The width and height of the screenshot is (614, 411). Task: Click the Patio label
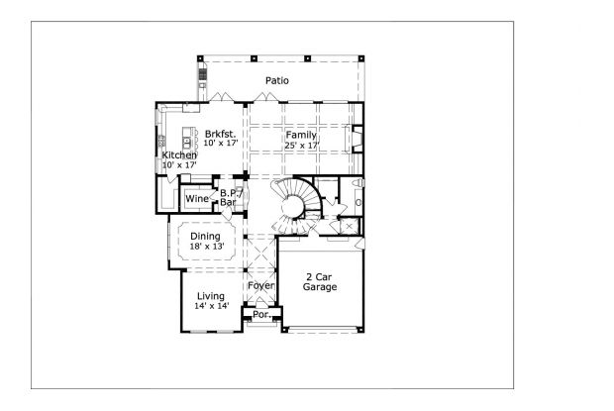click(x=276, y=80)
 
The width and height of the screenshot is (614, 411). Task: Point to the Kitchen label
click(x=179, y=155)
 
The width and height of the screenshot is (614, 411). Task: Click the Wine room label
click(x=196, y=198)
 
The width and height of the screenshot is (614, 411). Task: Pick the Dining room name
click(x=205, y=236)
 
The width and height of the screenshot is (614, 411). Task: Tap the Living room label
click(x=210, y=296)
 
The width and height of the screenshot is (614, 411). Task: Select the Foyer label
click(x=260, y=286)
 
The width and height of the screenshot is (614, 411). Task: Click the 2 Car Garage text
click(x=320, y=281)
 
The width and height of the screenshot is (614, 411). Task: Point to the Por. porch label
click(x=261, y=315)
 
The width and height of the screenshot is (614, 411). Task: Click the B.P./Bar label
click(x=230, y=197)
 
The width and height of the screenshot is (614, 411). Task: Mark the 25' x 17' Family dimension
click(x=301, y=145)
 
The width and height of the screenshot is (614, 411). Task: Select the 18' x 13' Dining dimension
click(x=206, y=247)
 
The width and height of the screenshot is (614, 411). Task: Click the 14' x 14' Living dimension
click(x=211, y=307)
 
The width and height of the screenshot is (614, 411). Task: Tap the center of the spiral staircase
click(x=293, y=205)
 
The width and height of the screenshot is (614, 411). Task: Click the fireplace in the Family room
click(x=358, y=138)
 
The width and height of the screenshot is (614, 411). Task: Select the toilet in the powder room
click(x=358, y=203)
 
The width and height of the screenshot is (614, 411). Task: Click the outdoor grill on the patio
click(x=203, y=74)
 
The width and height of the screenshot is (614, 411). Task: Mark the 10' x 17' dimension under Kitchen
click(x=179, y=165)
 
